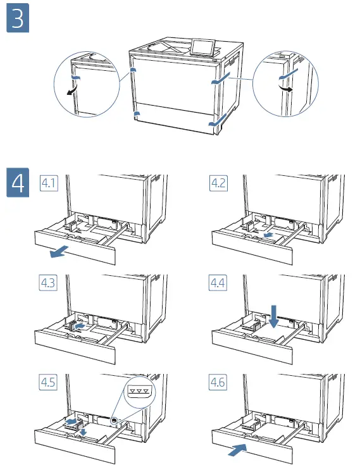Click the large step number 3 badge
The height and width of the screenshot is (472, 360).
pos(18,18)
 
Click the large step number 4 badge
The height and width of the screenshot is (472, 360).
pos(18,182)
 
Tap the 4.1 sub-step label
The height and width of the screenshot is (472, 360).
pos(49,183)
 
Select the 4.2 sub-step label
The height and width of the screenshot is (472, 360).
pos(218,183)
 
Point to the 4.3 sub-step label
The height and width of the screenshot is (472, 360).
pos(48,283)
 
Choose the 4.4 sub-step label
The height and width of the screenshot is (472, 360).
pos(218,283)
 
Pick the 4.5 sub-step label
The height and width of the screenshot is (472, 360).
pos(48,382)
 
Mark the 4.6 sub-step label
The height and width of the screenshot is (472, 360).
pos(218,382)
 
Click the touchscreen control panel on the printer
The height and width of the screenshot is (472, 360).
pos(202,47)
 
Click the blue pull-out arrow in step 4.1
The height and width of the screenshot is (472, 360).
pos(59,251)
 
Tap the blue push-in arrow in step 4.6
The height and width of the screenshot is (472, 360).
pos(237,450)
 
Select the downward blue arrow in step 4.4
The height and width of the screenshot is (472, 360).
pos(274,316)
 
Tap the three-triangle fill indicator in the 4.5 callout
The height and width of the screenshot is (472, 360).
pos(139,391)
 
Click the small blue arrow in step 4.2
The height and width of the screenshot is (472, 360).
pos(268,235)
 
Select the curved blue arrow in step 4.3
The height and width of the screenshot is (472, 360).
pos(79,326)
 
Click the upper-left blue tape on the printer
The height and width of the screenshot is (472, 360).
pos(133,70)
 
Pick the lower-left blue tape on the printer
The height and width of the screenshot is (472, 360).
pos(137,113)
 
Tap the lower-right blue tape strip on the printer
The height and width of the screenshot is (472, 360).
pos(218,120)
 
